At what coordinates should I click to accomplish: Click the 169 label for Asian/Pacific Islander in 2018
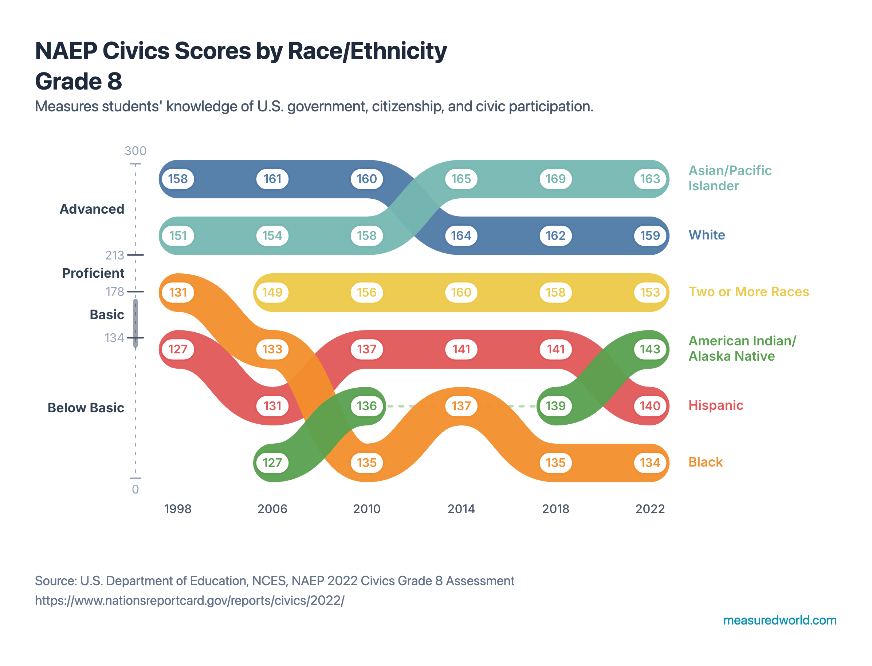tap(555, 179)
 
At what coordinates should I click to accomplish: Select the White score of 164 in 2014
tap(461, 235)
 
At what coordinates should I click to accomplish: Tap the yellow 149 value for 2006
tap(272, 292)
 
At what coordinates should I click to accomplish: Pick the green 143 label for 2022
tap(649, 349)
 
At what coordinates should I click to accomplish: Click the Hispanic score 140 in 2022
tap(649, 405)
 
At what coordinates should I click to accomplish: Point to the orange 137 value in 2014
tap(461, 405)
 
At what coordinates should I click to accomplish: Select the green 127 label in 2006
tap(272, 462)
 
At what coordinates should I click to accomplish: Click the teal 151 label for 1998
tap(178, 235)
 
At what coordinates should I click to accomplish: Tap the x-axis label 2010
tap(366, 509)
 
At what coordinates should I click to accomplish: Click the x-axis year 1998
tap(178, 509)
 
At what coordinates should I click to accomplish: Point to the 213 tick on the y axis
tap(115, 255)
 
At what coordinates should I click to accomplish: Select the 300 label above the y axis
tap(135, 151)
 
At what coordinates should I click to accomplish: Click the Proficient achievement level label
tap(93, 273)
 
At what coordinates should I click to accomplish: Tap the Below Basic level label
tap(86, 408)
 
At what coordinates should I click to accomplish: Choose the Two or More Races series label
tap(748, 292)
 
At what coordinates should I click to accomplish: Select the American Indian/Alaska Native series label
tap(741, 348)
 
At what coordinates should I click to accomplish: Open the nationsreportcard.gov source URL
tap(189, 600)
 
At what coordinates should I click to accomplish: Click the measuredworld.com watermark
tap(779, 620)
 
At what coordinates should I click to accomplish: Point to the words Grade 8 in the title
tap(79, 81)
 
